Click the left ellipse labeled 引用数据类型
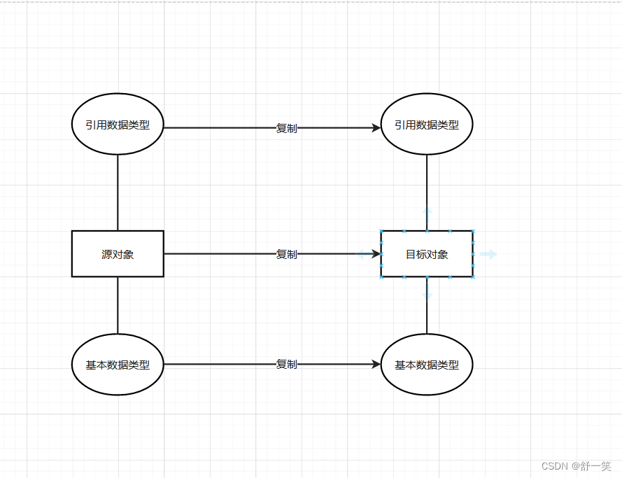click(118, 125)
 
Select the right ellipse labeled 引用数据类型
click(427, 125)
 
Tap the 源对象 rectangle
click(118, 254)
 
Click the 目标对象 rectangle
click(427, 254)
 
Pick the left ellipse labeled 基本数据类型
click(118, 365)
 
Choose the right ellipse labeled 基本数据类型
click(427, 365)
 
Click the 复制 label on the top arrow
click(286, 129)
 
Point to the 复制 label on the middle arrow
click(286, 254)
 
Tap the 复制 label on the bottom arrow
click(286, 365)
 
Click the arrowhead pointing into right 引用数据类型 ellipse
click(376, 128)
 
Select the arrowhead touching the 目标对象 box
click(376, 254)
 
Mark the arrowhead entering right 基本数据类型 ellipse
click(376, 365)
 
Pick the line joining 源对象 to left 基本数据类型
click(118, 305)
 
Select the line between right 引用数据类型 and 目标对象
click(427, 182)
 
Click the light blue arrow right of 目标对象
click(488, 254)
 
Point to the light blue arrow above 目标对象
click(427, 210)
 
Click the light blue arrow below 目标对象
click(427, 297)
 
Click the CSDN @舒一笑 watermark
click(576, 466)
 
